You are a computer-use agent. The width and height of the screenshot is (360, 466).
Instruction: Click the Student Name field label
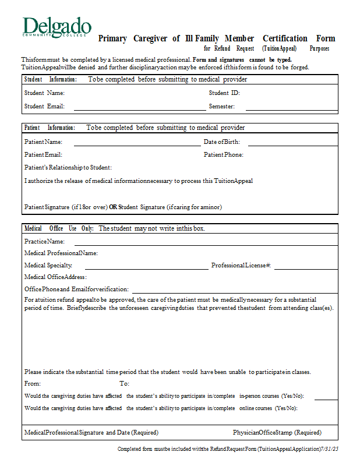[x=44, y=93]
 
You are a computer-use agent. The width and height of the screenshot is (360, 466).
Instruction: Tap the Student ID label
[x=224, y=93]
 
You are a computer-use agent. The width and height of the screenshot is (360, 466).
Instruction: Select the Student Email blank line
[x=139, y=109]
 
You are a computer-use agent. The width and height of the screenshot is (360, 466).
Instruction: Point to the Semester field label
[x=222, y=107]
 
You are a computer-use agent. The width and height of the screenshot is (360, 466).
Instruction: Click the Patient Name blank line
[x=136, y=144]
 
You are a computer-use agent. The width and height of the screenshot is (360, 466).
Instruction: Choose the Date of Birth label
[x=221, y=142]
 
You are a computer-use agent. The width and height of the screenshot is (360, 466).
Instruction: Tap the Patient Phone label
[x=224, y=154]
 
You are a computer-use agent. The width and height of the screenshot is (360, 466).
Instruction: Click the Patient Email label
[x=43, y=154]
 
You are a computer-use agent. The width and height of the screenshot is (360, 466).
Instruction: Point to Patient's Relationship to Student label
[x=68, y=168]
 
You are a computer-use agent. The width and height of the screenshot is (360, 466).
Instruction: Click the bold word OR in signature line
[x=113, y=207]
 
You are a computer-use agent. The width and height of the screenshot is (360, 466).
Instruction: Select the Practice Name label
[x=44, y=241]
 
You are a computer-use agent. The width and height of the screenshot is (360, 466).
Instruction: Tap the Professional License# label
[x=241, y=266]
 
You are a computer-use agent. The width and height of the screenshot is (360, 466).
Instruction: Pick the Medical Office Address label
[x=55, y=277]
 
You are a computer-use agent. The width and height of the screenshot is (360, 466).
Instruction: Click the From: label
[x=33, y=383]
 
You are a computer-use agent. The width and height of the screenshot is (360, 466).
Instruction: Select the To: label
[x=124, y=383]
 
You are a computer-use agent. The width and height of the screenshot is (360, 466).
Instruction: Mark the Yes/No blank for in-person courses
[x=326, y=399]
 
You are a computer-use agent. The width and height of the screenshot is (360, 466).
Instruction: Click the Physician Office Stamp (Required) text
[x=277, y=433]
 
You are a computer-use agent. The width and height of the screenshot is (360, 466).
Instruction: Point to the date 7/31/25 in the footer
[x=330, y=449]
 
